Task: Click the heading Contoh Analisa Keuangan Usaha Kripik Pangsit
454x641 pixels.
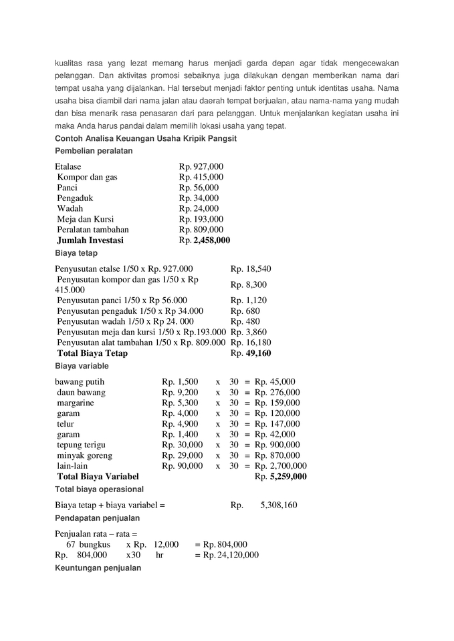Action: point(146,138)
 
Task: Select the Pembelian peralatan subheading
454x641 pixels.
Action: point(94,151)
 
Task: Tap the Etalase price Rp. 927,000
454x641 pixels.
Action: point(201,166)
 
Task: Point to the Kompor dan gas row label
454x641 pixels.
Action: point(87,177)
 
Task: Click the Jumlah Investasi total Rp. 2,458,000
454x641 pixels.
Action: point(204,240)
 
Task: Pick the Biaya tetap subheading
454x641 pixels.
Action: point(76,253)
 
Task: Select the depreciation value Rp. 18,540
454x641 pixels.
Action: point(251,268)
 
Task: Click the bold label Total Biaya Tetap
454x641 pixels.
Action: point(92,353)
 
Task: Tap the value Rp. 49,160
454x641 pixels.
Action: point(251,353)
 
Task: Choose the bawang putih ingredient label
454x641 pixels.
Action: point(80,382)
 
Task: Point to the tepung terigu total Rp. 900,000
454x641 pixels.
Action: point(277,445)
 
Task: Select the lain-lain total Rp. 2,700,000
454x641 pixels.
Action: point(281,465)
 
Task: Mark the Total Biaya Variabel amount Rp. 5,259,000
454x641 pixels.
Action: point(281,476)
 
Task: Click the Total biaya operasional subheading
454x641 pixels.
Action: point(99,489)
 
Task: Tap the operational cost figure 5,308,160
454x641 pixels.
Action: point(278,505)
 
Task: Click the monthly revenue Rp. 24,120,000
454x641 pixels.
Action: point(227,554)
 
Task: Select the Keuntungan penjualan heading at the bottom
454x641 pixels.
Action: point(98,568)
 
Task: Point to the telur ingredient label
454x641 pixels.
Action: point(66,424)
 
